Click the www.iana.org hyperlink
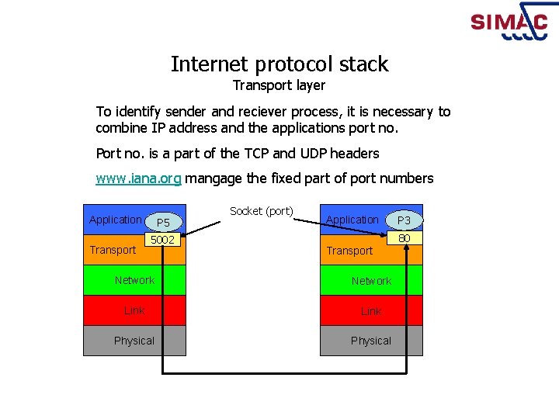[x=138, y=178]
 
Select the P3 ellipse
[x=404, y=220]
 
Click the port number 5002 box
[x=163, y=240]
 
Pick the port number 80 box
[x=404, y=238]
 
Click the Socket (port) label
[x=262, y=211]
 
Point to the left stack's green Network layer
[x=134, y=280]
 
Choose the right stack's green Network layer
[x=371, y=281]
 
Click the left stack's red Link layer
[x=134, y=310]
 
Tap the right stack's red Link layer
[x=371, y=311]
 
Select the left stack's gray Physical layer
[x=134, y=341]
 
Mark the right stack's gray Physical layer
[x=371, y=341]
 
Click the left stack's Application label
[x=116, y=220]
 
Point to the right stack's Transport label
[x=349, y=251]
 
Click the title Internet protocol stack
[x=279, y=64]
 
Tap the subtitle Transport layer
[x=279, y=85]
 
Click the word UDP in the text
[x=322, y=154]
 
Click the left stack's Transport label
[x=113, y=250]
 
